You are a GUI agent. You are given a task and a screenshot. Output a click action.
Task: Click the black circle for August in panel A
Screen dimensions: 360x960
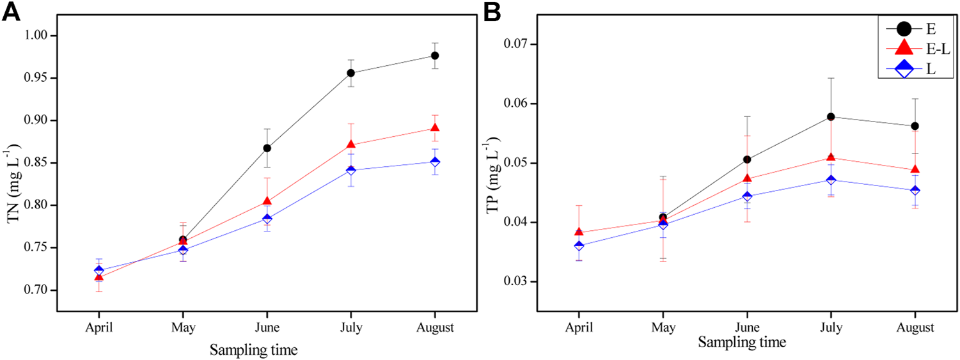pyautogui.click(x=435, y=56)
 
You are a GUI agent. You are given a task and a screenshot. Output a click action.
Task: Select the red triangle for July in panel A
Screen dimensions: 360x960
pyautogui.click(x=351, y=145)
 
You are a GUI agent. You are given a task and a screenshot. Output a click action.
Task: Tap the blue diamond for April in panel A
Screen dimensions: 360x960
pyautogui.click(x=98, y=270)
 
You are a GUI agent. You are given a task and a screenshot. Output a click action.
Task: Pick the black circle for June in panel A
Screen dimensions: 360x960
pyautogui.click(x=267, y=148)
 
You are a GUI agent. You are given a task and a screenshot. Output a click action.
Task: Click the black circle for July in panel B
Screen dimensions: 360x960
pyautogui.click(x=831, y=116)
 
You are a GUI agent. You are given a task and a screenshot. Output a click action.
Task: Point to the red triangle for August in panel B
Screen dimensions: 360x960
pyautogui.click(x=915, y=169)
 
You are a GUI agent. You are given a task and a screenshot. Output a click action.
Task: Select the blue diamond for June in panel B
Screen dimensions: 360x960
pyautogui.click(x=747, y=196)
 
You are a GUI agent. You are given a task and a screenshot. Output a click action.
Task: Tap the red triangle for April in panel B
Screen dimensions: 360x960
pyautogui.click(x=579, y=232)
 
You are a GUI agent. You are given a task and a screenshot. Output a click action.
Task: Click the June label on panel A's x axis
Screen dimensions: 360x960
pyautogui.click(x=267, y=328)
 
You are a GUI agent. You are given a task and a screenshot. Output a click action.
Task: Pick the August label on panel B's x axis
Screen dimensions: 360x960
pyautogui.click(x=915, y=327)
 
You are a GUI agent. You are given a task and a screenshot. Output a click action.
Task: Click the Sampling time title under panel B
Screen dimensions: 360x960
pyautogui.click(x=742, y=342)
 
